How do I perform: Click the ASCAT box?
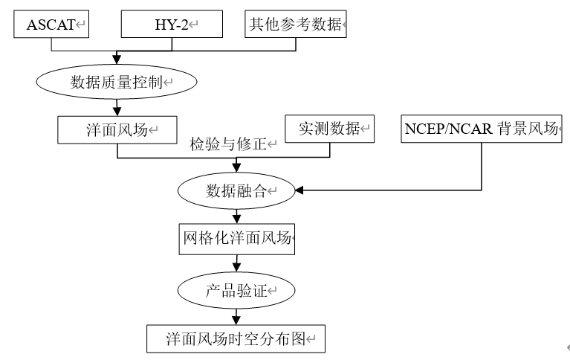click(x=52, y=24)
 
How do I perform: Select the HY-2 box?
click(x=172, y=24)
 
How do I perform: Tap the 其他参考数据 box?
click(x=296, y=24)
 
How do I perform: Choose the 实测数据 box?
click(x=330, y=129)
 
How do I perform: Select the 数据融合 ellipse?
click(x=236, y=192)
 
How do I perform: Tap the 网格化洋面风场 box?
click(x=237, y=240)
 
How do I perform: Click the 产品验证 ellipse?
click(x=236, y=290)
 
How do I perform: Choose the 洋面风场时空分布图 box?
click(x=236, y=338)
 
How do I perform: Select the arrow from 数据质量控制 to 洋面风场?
click(x=117, y=107)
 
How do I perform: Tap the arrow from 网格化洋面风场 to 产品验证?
click(x=236, y=263)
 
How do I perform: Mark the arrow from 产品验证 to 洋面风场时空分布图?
click(x=236, y=315)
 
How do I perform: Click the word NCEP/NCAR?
click(x=443, y=129)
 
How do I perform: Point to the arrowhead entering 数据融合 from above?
click(x=236, y=170)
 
